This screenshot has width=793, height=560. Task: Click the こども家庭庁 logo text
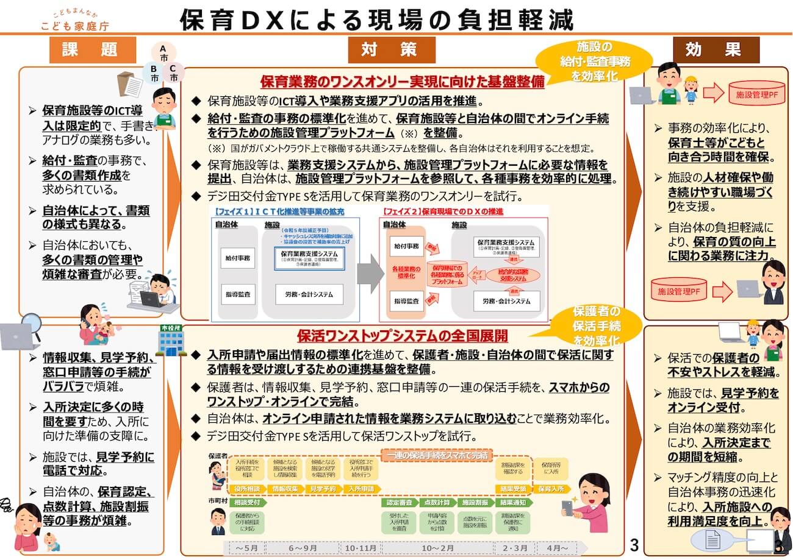point(76,26)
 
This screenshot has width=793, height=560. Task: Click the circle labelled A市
point(163,53)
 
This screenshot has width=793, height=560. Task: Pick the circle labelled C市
point(174,74)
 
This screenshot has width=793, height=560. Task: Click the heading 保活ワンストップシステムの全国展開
point(403,336)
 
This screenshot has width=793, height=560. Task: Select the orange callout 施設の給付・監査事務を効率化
point(586,62)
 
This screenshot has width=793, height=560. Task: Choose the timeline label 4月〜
point(557,548)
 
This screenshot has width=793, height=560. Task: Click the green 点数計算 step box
point(437,503)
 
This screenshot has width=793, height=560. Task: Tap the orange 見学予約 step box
point(323,488)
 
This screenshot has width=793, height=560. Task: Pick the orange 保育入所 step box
point(552,488)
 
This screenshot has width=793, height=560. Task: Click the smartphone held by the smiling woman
point(567,508)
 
